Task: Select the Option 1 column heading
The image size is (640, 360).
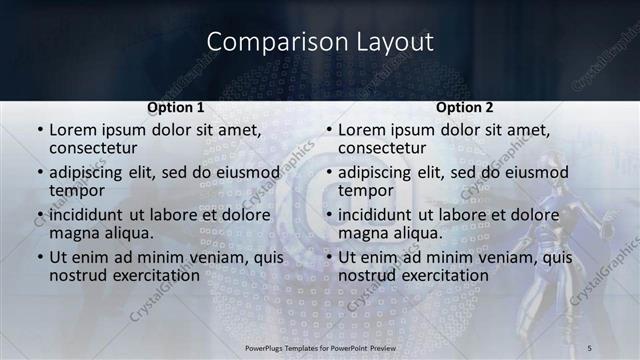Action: [x=176, y=107]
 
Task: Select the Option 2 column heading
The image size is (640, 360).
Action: [x=465, y=107]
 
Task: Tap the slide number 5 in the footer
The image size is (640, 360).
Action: [x=590, y=347]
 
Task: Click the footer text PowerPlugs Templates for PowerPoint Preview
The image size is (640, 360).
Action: [x=319, y=347]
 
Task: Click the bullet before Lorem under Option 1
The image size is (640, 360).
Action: [x=39, y=130]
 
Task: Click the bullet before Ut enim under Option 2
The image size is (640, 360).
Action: [x=328, y=258]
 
